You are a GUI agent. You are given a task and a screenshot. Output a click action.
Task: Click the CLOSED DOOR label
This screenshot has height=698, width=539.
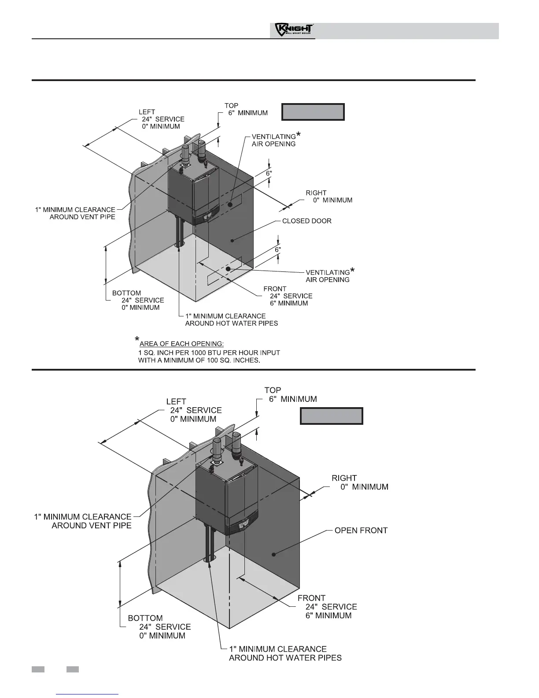tap(306, 221)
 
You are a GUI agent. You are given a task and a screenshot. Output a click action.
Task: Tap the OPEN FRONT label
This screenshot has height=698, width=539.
tap(361, 530)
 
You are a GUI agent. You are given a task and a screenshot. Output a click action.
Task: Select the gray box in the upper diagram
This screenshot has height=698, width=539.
tap(313, 112)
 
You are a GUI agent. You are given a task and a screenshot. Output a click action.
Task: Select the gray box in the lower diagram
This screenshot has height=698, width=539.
tap(331, 416)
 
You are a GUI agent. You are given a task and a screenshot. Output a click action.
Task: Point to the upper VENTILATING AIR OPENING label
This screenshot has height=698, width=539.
tap(274, 140)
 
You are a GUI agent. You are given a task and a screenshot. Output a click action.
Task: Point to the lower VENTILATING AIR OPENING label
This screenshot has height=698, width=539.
tap(328, 276)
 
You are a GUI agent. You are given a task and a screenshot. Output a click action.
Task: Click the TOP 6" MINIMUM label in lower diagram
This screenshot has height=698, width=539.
tap(290, 395)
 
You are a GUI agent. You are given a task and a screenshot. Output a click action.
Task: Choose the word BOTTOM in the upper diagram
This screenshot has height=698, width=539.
tap(127, 293)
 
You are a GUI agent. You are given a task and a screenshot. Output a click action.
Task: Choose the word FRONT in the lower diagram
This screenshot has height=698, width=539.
tap(311, 598)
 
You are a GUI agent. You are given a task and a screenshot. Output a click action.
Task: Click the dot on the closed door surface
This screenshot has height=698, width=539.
tap(233, 241)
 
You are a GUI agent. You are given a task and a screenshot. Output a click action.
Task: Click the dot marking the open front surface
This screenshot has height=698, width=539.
tap(273, 555)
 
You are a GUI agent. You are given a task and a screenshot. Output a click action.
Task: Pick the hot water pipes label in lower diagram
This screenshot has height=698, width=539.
tap(285, 653)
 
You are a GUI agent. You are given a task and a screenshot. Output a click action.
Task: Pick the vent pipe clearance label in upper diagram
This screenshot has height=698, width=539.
tap(75, 213)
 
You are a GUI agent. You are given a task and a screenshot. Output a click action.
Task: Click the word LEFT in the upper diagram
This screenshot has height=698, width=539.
tap(147, 112)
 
